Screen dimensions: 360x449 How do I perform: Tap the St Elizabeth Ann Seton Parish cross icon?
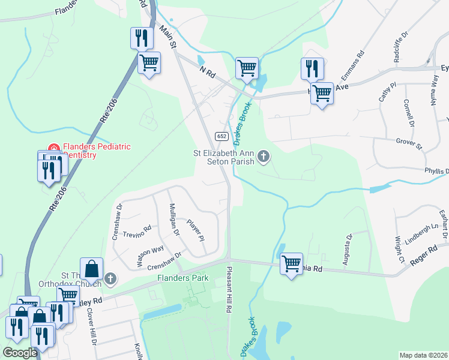pyautogui.click(x=263, y=158)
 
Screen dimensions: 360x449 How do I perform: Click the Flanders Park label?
pyautogui.click(x=182, y=278)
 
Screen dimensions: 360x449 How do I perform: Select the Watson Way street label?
pyautogui.click(x=149, y=256)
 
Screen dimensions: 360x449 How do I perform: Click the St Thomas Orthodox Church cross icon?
pyautogui.click(x=110, y=278)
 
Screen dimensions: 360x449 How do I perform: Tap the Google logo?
pyautogui.click(x=20, y=353)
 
